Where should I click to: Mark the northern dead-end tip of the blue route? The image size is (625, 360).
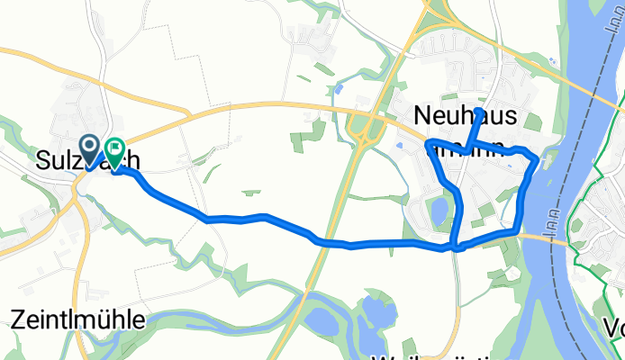point(479,110)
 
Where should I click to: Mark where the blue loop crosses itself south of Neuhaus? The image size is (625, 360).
point(456,246)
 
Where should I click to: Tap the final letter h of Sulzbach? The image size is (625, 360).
point(132,160)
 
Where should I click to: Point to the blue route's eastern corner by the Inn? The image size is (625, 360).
point(538,160)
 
